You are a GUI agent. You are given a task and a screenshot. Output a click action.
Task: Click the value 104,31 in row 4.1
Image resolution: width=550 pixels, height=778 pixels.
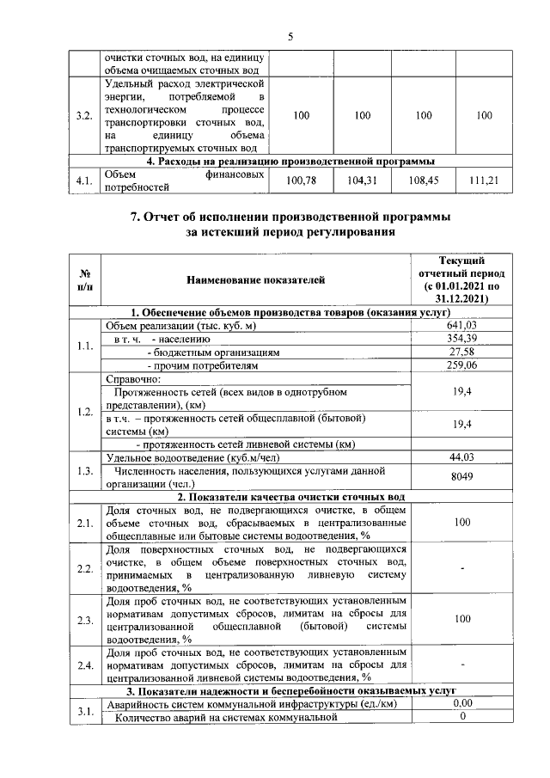362,180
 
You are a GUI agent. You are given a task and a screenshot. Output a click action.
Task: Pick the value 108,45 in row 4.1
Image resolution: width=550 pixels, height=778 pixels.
423,180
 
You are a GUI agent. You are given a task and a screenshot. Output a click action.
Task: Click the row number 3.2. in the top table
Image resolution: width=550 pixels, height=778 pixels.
84,115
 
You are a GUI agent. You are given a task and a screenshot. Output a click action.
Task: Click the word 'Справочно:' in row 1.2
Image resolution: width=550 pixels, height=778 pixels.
133,379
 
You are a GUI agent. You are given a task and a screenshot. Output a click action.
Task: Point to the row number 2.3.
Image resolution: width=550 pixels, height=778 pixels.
84,619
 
